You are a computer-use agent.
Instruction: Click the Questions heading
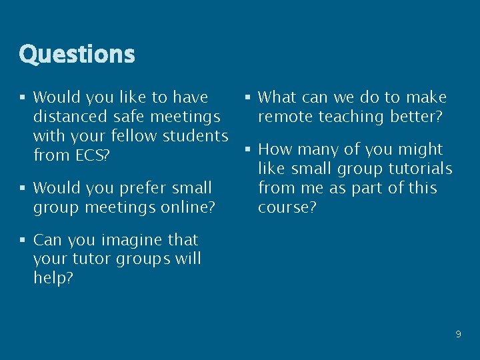pyautogui.click(x=77, y=54)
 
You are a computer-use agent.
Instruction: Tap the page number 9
pyautogui.click(x=458, y=334)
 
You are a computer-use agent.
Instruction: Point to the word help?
pyautogui.click(x=53, y=278)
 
